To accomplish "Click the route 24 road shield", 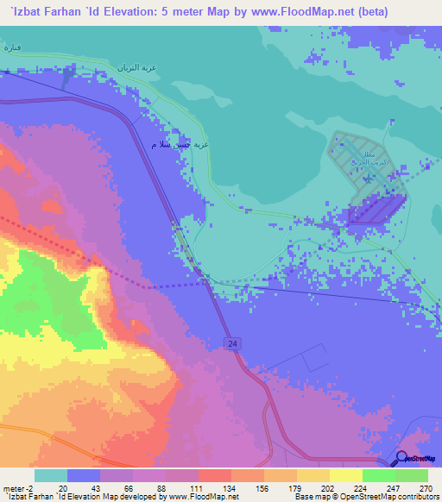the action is click(234, 343).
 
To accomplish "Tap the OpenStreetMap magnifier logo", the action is click(403, 459).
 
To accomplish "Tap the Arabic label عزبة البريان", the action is click(136, 68).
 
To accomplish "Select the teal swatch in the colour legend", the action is click(51, 475).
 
